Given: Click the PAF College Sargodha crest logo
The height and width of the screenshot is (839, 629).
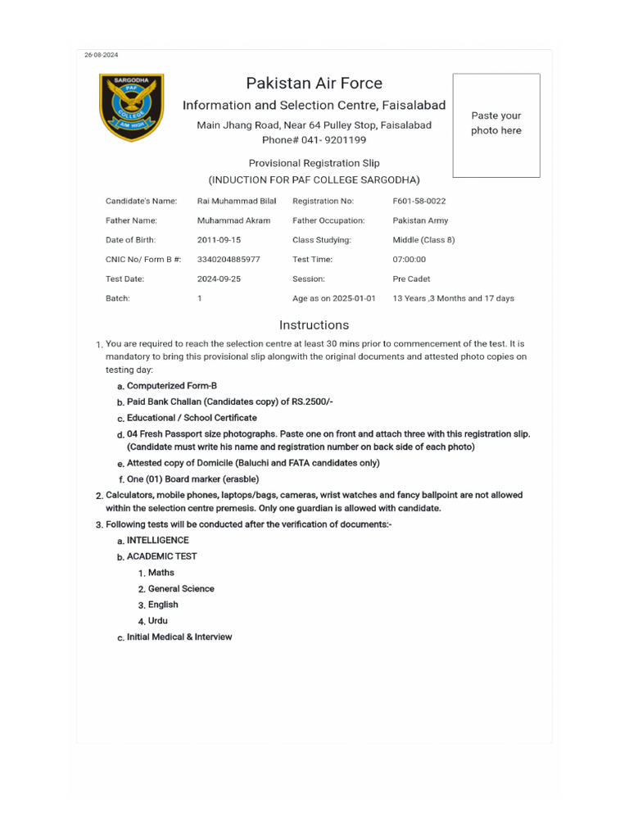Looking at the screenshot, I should click(x=131, y=107).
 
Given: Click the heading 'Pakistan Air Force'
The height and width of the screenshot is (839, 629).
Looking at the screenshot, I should click(x=314, y=83).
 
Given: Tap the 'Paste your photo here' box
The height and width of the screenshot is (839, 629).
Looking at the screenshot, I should click(x=496, y=125).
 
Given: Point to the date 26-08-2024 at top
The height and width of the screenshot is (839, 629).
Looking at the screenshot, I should click(x=102, y=55).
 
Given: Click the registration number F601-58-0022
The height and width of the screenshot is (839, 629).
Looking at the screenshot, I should click(x=419, y=201).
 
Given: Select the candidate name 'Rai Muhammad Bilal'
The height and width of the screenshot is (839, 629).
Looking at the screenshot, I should click(x=237, y=201).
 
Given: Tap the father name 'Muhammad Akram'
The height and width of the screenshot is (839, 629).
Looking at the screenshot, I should click(x=234, y=220).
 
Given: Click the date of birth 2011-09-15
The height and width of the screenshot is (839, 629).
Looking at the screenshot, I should click(x=219, y=240).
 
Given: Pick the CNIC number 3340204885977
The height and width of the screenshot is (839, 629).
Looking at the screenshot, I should click(x=229, y=260).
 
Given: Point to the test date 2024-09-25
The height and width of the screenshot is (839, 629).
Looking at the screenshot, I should click(x=219, y=279).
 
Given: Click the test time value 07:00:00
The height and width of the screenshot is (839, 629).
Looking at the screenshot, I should click(x=410, y=260).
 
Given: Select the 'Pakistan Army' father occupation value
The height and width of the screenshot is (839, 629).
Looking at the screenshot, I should click(x=420, y=220).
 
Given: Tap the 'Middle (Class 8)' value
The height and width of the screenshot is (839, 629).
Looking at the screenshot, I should click(x=423, y=240).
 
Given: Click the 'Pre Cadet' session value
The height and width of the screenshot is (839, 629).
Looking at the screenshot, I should click(x=411, y=279).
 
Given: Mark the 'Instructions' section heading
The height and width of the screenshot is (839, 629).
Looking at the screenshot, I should click(x=314, y=324).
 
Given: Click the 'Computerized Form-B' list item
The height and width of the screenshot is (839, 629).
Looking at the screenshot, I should click(x=172, y=385).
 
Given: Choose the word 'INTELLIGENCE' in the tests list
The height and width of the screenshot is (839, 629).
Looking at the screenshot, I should click(x=157, y=541).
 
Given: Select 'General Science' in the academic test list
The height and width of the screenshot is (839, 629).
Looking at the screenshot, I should click(x=181, y=588).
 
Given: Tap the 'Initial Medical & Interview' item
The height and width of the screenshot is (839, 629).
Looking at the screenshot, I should click(x=179, y=637).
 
